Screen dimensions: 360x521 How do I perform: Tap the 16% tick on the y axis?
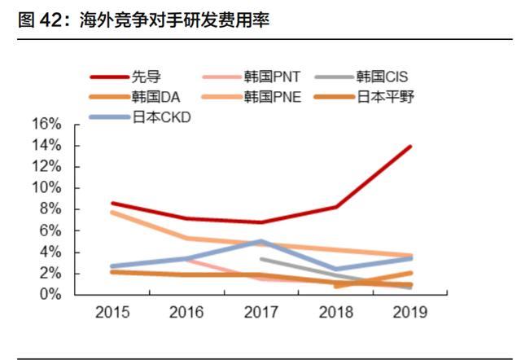pyautogui.click(x=46, y=124)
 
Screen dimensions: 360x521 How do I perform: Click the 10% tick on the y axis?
pyautogui.click(x=46, y=187)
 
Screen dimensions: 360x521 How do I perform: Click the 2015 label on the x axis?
pyautogui.click(x=112, y=312)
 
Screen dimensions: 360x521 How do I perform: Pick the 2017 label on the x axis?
pyautogui.click(x=260, y=312)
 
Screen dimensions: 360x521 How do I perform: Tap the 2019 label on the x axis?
pyautogui.click(x=409, y=312)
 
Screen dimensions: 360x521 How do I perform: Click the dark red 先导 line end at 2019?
pyautogui.click(x=409, y=147)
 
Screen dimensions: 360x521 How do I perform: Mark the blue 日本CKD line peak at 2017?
pyautogui.click(x=260, y=241)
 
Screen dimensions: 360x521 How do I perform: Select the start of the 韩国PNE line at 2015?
pyautogui.click(x=112, y=212)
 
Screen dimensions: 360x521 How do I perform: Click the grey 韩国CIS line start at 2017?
pyautogui.click(x=260, y=259)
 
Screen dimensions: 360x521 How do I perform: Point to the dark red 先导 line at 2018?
pyautogui.click(x=335, y=207)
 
